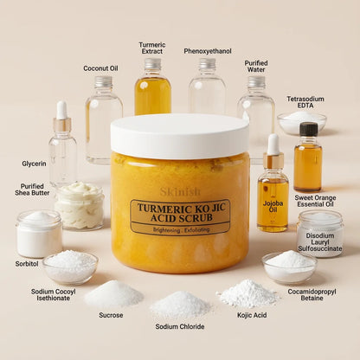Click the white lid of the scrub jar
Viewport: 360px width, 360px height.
pyautogui.click(x=179, y=136)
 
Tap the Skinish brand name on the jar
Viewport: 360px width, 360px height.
pyautogui.click(x=179, y=191)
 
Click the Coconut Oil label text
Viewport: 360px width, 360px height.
pyautogui.click(x=101, y=68)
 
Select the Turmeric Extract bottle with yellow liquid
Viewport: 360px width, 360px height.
pyautogui.click(x=152, y=91)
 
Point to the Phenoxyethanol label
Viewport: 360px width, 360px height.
pyautogui.click(x=208, y=51)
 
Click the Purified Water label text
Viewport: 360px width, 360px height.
pyautogui.click(x=256, y=67)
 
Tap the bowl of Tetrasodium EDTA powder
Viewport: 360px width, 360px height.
pyautogui.click(x=302, y=122)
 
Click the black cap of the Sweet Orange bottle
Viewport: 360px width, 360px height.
pyautogui.click(x=308, y=129)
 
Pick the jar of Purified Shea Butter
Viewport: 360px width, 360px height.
pyautogui.click(x=80, y=206)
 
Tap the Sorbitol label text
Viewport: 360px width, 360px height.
pyautogui.click(x=27, y=263)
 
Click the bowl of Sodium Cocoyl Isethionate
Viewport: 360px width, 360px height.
pyautogui.click(x=70, y=265)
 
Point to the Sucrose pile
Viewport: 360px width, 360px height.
pyautogui.click(x=112, y=294)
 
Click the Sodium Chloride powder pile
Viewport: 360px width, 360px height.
pyautogui.click(x=180, y=303)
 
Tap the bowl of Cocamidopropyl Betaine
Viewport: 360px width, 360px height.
pyautogui.click(x=289, y=266)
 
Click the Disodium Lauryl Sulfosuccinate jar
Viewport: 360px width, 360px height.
pyautogui.click(x=319, y=233)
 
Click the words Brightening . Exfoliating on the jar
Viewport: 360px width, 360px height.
pyautogui.click(x=180, y=230)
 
